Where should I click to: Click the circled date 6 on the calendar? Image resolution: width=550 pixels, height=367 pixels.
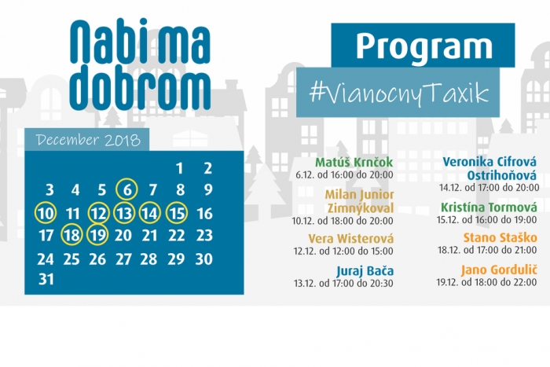coord(126,190)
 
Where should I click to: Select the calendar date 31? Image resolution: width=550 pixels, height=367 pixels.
coord(46,279)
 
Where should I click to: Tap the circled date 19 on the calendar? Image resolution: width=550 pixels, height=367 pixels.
coord(97,235)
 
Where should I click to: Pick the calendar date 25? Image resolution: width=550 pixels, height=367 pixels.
coord(71,259)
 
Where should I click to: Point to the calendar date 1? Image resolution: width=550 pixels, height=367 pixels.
coord(179,168)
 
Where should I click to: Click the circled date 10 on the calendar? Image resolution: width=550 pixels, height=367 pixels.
coord(46,213)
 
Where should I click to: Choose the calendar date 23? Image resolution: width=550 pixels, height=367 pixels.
coord(204,236)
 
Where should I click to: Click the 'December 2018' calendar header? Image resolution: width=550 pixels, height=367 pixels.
coord(88,140)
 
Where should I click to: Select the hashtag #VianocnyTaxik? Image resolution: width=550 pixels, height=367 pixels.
coord(399,93)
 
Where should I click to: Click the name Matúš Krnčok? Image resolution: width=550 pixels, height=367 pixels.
coord(354,162)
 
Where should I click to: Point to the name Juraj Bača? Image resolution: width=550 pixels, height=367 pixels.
coord(365,271)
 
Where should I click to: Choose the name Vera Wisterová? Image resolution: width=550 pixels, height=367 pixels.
coord(350,239)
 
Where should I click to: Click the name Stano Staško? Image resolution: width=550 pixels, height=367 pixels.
coord(500,237)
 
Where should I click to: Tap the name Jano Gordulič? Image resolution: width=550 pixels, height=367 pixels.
coord(499,270)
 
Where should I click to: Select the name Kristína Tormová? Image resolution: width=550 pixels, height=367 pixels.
coord(489,207)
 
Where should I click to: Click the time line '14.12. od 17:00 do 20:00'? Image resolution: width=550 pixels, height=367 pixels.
coord(489,187)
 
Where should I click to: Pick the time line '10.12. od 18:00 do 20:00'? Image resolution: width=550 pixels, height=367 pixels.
coord(343,221)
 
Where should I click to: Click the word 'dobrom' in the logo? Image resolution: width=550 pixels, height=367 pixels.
coord(140,88)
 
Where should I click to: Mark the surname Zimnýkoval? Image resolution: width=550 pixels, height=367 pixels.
coord(361,208)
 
